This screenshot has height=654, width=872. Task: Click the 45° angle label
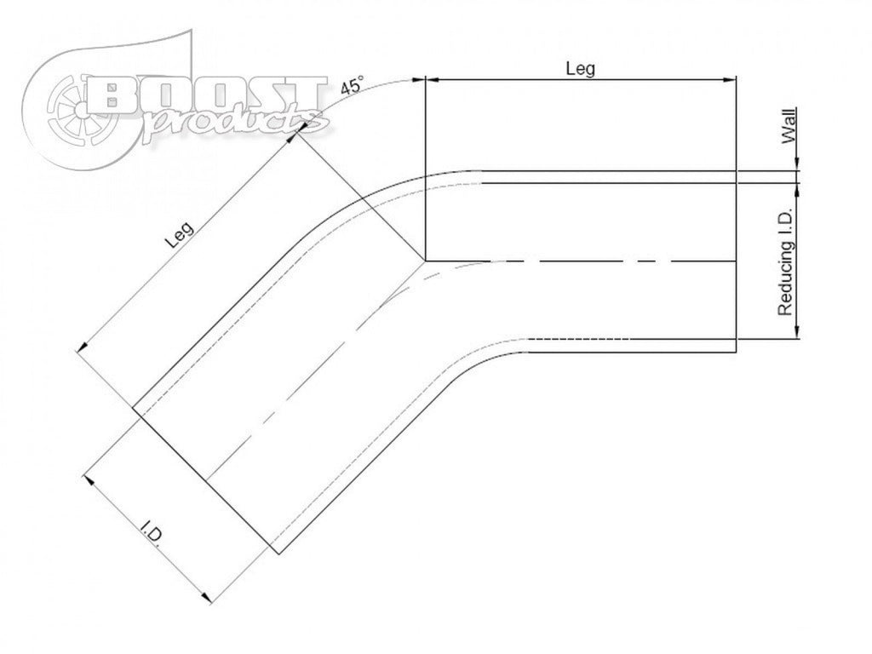[x=352, y=85]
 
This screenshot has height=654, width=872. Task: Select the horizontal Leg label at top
[x=580, y=68]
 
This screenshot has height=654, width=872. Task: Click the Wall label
[x=789, y=126]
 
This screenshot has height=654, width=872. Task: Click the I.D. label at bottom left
[x=152, y=534]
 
